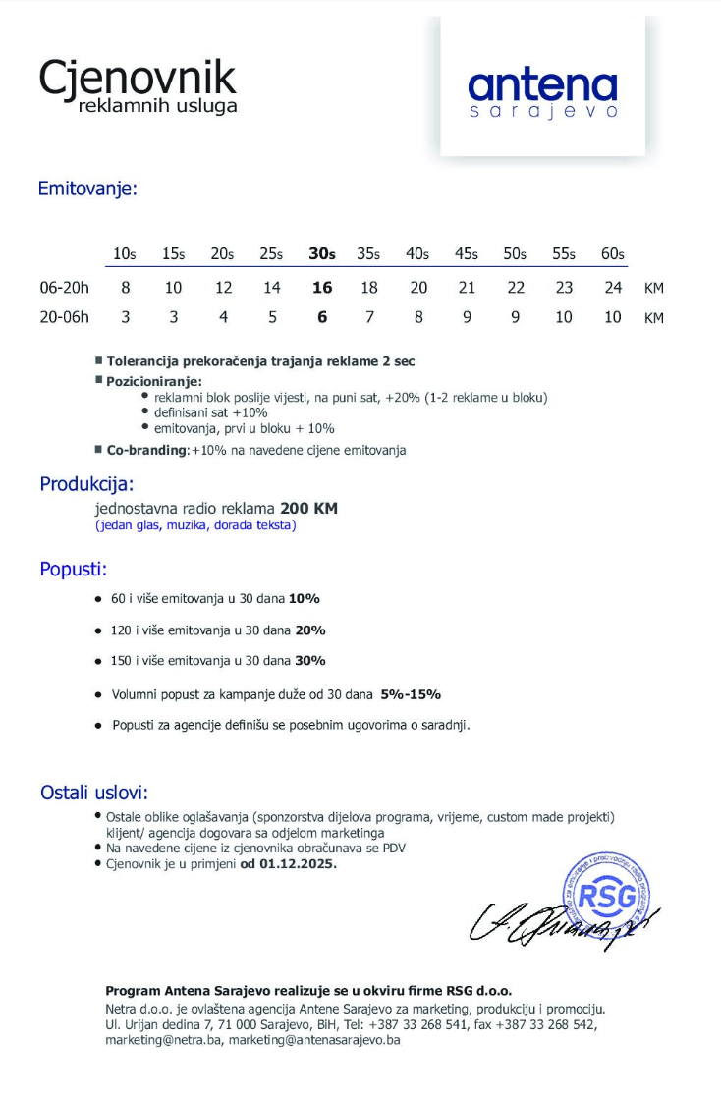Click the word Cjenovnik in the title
[138, 77]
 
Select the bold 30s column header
[321, 253]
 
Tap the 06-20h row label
[64, 288]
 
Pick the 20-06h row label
[64, 317]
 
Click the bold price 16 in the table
[321, 288]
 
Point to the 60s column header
[613, 253]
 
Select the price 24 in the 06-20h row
[613, 288]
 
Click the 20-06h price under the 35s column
[369, 317]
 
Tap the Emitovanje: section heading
[87, 189]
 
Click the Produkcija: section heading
[86, 484]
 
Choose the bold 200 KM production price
[308, 509]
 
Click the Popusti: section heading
[74, 570]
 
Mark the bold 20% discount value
[310, 630]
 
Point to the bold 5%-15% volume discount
[411, 694]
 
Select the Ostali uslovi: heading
[94, 793]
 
